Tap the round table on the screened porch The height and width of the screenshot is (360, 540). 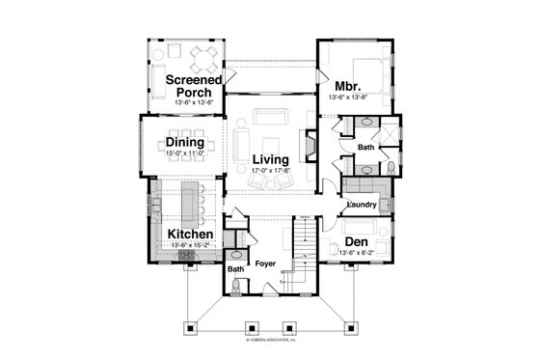pyautogui.click(x=203, y=54)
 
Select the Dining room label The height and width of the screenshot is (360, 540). pyautogui.click(x=183, y=142)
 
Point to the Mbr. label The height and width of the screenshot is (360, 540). pyautogui.click(x=348, y=83)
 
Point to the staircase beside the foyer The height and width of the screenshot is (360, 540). pyautogui.click(x=304, y=246)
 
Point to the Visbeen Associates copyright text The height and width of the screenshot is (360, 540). pyautogui.click(x=270, y=340)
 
